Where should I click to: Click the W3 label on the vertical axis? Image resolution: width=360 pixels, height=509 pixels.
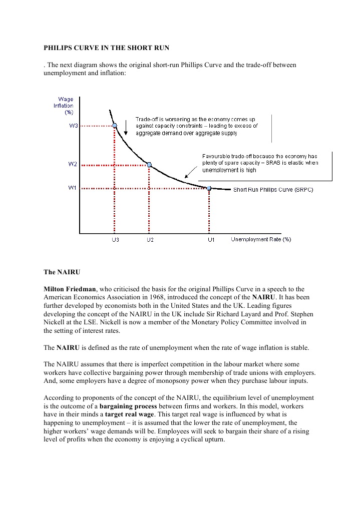[73, 126]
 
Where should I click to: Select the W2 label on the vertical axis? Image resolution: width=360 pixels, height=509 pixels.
[73, 164]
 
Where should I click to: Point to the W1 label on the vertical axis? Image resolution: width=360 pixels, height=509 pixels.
[73, 188]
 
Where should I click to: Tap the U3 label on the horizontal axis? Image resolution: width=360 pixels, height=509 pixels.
[115, 240]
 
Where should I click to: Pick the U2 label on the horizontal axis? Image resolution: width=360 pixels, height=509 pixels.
[150, 240]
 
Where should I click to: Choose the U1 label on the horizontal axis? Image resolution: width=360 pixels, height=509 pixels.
[211, 240]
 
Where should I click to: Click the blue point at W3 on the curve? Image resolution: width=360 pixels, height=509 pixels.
[115, 126]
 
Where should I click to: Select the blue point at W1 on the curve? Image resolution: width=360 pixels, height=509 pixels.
[209, 188]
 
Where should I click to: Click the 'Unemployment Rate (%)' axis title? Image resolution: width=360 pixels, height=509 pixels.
[260, 239]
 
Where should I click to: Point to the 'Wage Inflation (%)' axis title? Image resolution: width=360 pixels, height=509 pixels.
[64, 105]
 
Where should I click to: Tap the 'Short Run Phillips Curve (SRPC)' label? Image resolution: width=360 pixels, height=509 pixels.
[273, 190]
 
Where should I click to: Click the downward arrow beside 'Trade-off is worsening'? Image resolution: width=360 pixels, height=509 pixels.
[126, 128]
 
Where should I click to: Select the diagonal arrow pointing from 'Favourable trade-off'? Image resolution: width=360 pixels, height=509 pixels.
[189, 173]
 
